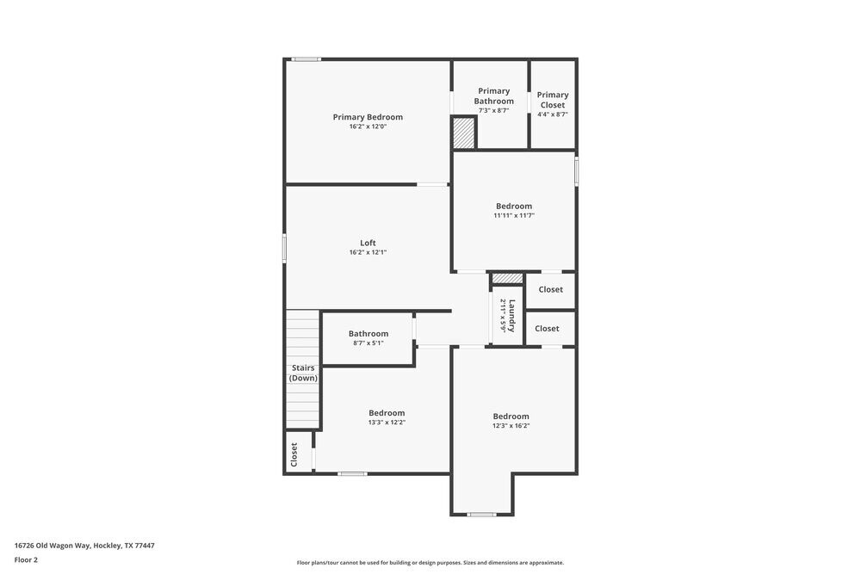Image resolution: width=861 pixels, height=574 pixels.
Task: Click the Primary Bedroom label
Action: point(368,117)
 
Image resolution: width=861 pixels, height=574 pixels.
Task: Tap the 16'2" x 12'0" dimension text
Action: point(368,127)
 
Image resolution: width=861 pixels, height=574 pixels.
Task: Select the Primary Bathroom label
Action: point(493,96)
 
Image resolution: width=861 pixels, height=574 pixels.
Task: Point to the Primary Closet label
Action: point(553,100)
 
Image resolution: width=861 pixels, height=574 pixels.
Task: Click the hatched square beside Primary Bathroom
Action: point(463,133)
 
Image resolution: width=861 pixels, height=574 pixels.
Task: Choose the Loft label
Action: point(368,243)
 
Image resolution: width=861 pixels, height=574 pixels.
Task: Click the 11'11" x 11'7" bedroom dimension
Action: point(514,215)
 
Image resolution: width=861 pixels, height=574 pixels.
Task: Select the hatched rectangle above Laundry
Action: point(507,278)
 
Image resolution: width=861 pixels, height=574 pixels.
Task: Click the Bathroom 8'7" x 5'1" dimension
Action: point(368,343)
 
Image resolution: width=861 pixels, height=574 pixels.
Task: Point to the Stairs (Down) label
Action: point(303,373)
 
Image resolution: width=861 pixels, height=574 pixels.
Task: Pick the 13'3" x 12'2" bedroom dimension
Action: point(387,423)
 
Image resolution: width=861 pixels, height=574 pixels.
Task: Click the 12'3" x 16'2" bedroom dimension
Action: point(511,426)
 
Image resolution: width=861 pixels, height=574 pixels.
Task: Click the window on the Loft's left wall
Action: point(284,249)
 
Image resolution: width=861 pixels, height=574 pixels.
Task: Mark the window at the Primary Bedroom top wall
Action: point(306,59)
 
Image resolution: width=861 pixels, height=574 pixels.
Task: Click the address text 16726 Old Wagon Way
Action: point(84,545)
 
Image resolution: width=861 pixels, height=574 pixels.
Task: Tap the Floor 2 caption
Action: point(26,559)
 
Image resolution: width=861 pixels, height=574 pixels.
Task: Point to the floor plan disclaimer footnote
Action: point(430,563)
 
